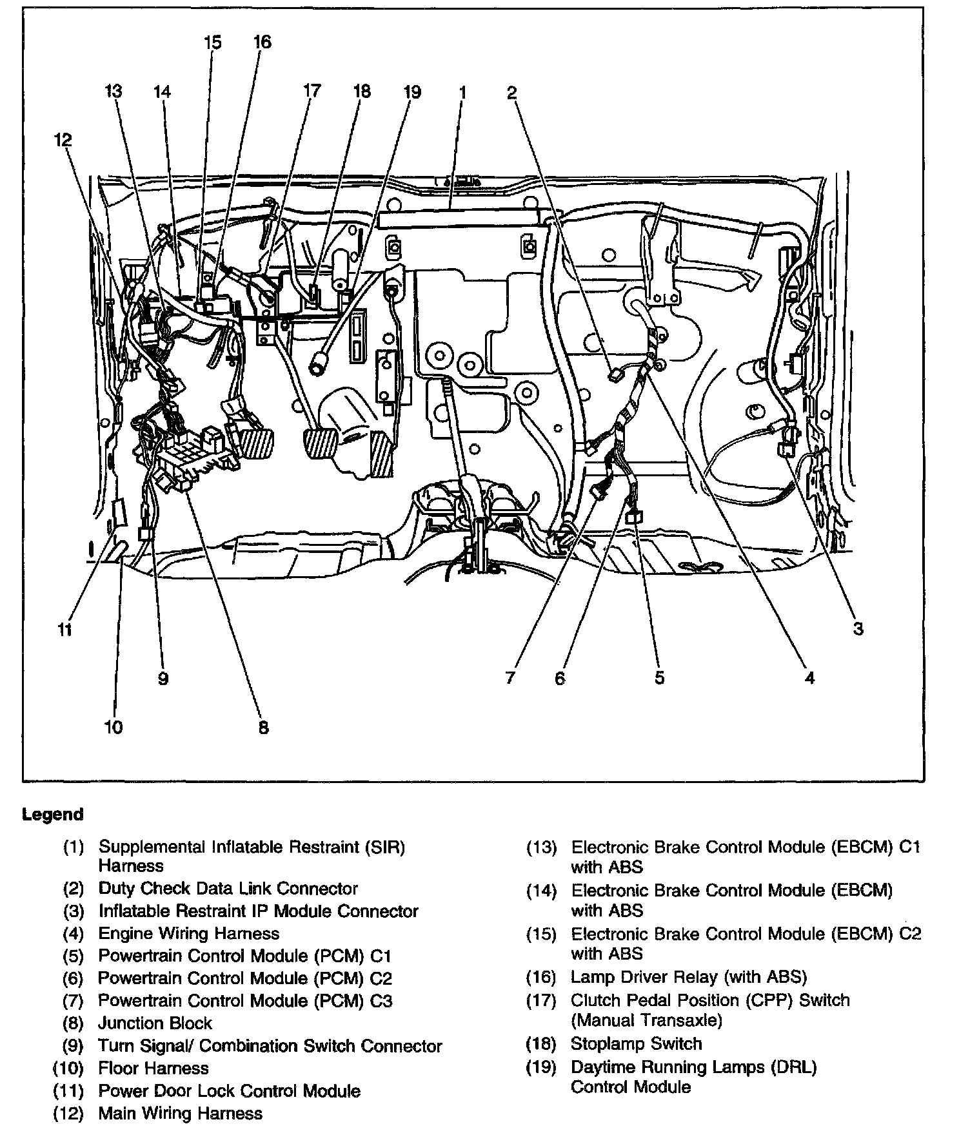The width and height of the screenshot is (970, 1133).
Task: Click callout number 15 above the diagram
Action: click(x=212, y=43)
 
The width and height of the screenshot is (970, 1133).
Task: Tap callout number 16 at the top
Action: click(x=262, y=43)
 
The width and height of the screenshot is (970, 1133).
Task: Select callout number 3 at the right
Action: click(x=858, y=628)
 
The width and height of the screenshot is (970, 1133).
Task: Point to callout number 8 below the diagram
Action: click(x=263, y=728)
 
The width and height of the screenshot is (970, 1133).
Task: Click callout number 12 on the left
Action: click(x=63, y=140)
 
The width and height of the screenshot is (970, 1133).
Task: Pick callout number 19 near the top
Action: click(x=411, y=92)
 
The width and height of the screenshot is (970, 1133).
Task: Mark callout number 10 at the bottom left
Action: click(x=113, y=728)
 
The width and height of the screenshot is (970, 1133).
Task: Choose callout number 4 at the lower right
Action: click(x=809, y=677)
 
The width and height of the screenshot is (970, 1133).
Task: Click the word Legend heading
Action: click(x=53, y=815)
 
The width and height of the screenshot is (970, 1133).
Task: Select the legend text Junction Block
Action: click(x=155, y=1023)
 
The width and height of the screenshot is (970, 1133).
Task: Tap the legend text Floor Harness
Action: click(x=153, y=1068)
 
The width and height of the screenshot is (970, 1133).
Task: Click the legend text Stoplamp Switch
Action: click(x=636, y=1044)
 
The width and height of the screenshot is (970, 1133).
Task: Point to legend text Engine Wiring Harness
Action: click(x=188, y=934)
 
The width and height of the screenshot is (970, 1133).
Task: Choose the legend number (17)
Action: click(x=540, y=1001)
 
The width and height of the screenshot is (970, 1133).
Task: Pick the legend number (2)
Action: click(x=74, y=889)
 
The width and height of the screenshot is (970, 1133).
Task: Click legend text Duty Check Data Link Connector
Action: click(x=228, y=889)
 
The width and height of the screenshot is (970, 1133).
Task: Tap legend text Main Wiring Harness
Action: click(x=181, y=1113)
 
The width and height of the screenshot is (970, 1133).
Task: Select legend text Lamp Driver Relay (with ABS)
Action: click(x=689, y=978)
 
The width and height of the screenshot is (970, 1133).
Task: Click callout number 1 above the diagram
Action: click(x=462, y=92)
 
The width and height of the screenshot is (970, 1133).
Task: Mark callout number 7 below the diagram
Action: click(x=510, y=678)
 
